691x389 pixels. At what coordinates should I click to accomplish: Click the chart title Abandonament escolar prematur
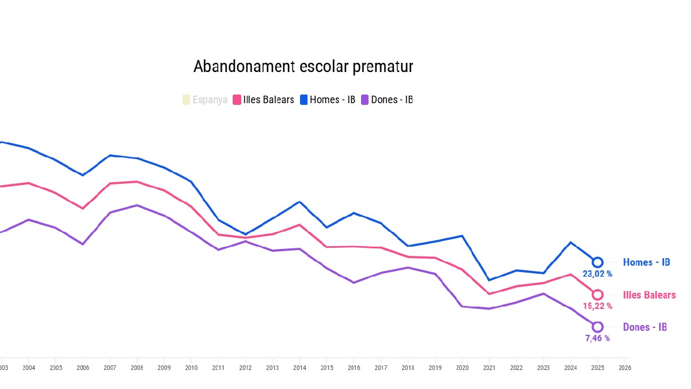pyautogui.click(x=303, y=67)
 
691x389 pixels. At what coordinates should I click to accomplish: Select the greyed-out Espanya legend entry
pyautogui.click(x=204, y=100)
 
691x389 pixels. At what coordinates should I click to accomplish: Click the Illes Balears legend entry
pyautogui.click(x=264, y=100)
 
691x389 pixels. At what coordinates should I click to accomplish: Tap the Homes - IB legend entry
pyautogui.click(x=328, y=100)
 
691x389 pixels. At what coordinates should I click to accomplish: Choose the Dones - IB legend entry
pyautogui.click(x=387, y=100)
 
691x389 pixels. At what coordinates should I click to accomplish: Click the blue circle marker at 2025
pyautogui.click(x=598, y=262)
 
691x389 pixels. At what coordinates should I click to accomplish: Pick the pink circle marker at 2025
pyautogui.click(x=598, y=295)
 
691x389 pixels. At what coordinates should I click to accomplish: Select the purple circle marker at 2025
pyautogui.click(x=598, y=327)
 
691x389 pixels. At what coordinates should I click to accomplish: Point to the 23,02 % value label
pyautogui.click(x=597, y=274)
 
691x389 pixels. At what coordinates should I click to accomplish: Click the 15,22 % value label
pyautogui.click(x=597, y=306)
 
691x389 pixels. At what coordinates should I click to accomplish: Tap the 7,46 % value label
pyautogui.click(x=597, y=338)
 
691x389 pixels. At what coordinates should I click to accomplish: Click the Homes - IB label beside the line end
pyautogui.click(x=646, y=263)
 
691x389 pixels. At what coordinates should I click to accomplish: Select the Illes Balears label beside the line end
pyautogui.click(x=649, y=295)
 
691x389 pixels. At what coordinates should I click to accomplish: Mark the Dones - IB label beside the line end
pyautogui.click(x=645, y=327)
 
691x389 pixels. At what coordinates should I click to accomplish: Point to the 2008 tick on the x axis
pyautogui.click(x=137, y=368)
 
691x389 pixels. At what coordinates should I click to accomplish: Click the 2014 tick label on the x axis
pyautogui.click(x=299, y=368)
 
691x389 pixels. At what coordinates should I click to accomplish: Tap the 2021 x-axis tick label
pyautogui.click(x=489, y=368)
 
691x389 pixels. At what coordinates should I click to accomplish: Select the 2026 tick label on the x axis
pyautogui.click(x=624, y=368)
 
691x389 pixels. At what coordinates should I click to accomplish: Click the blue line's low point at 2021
pyautogui.click(x=489, y=280)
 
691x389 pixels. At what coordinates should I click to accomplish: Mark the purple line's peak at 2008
pyautogui.click(x=136, y=205)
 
